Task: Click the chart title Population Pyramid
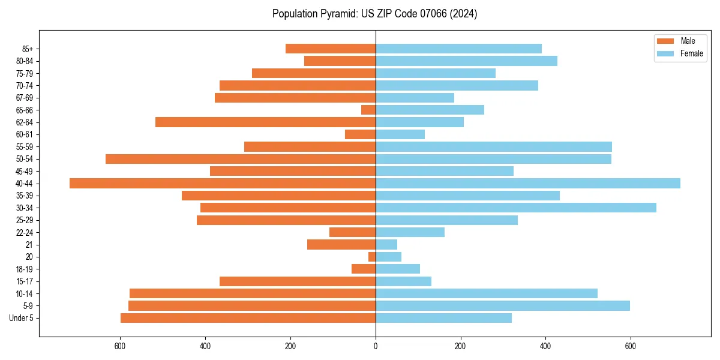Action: tap(374, 14)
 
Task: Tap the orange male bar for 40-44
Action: tap(223, 184)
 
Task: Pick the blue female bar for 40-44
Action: tap(528, 184)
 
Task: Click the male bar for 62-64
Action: tap(265, 122)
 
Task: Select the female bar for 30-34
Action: tap(516, 208)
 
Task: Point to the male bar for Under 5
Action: tap(248, 318)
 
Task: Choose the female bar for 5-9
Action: tap(503, 305)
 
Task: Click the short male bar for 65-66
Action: tap(368, 110)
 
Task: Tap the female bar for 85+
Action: tap(458, 49)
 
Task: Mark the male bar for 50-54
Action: tap(241, 159)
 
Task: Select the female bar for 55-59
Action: tap(494, 146)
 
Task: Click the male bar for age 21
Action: tap(341, 245)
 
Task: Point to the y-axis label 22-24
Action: tap(25, 233)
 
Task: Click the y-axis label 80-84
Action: tap(25, 61)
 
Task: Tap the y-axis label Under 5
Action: tap(22, 318)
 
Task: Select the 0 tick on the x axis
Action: tap(376, 346)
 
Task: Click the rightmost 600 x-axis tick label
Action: tap(630, 346)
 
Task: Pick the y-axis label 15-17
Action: tap(25, 281)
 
